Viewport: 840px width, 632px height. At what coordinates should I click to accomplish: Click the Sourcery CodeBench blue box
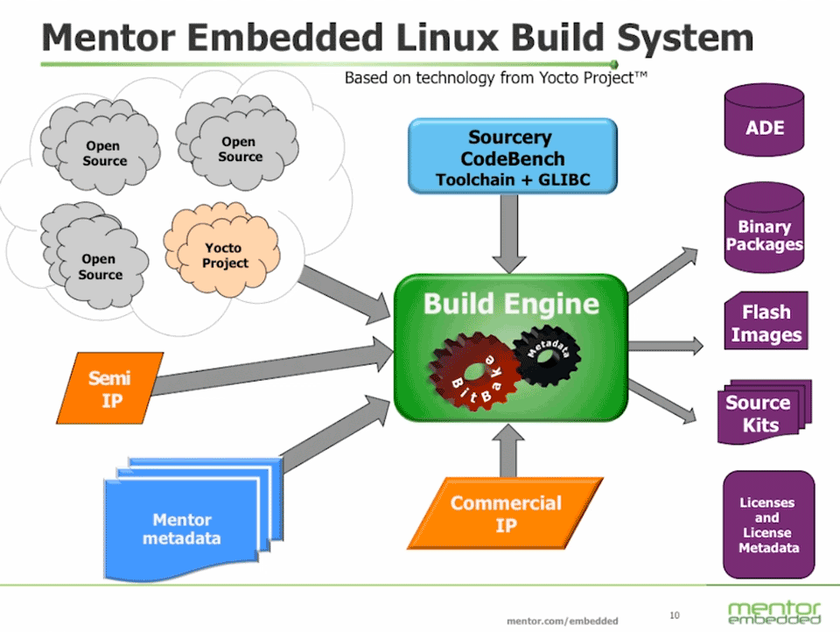click(512, 158)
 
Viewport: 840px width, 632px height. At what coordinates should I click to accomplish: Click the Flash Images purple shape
click(766, 322)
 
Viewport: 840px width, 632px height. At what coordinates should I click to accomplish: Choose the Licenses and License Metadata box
click(767, 525)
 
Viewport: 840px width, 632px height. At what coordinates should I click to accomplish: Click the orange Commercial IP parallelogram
click(507, 514)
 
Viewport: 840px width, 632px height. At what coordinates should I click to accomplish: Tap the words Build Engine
click(511, 305)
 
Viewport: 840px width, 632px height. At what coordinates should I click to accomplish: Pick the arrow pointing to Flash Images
click(665, 344)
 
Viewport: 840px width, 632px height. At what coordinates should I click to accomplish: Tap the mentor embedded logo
click(773, 611)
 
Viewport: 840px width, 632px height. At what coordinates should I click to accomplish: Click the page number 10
click(674, 613)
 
